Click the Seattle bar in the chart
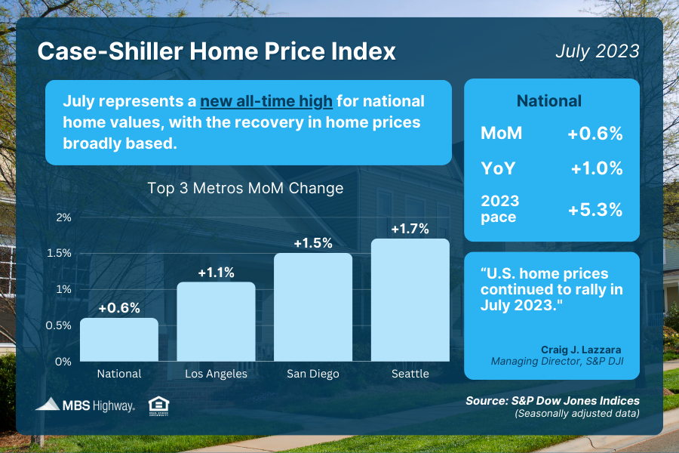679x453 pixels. pyautogui.click(x=410, y=300)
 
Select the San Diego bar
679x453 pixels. pyautogui.click(x=313, y=307)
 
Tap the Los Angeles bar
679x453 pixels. pyautogui.click(x=216, y=322)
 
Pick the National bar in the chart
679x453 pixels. pyautogui.click(x=119, y=340)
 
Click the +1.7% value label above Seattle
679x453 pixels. pyautogui.click(x=410, y=228)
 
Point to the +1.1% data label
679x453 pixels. pyautogui.click(x=216, y=272)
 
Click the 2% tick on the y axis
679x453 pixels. pyautogui.click(x=64, y=217)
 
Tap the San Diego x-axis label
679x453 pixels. pyautogui.click(x=313, y=374)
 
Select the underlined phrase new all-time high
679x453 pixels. pyautogui.click(x=265, y=100)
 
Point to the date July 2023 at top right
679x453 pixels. pyautogui.click(x=597, y=51)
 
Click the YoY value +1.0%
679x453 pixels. pyautogui.click(x=595, y=169)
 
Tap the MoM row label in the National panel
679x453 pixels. pyautogui.click(x=501, y=134)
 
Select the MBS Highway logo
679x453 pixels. pyautogui.click(x=85, y=405)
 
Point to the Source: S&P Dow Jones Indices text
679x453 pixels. pyautogui.click(x=552, y=401)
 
